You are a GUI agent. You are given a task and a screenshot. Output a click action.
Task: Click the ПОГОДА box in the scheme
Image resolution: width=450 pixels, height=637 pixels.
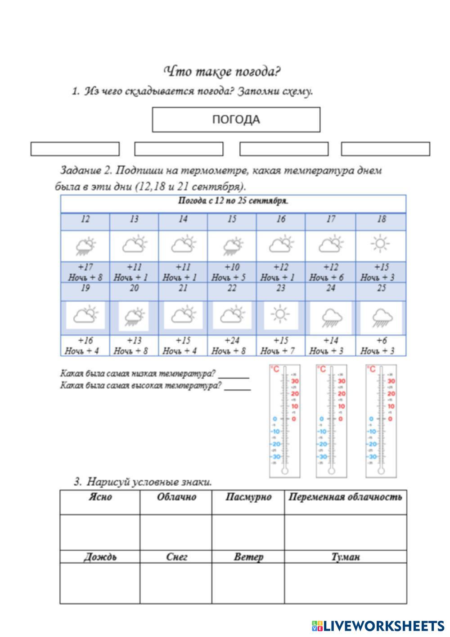236,119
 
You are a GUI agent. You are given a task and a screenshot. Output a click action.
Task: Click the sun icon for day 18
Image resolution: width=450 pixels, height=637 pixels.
380,244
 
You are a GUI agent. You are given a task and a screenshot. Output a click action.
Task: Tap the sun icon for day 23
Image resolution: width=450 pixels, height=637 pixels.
280,314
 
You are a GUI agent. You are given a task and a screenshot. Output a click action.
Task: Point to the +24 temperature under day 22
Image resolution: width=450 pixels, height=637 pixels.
231,340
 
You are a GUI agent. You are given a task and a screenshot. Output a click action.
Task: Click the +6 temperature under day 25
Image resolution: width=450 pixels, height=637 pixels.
381,340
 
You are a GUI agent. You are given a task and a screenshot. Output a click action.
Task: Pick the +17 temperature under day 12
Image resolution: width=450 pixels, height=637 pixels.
85,267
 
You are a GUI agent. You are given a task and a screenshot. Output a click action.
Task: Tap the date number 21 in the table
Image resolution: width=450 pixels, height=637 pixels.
183,288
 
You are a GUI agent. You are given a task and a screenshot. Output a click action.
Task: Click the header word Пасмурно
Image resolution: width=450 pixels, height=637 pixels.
248,497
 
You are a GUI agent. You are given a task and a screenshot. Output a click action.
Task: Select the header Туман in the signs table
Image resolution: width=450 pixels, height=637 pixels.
345,557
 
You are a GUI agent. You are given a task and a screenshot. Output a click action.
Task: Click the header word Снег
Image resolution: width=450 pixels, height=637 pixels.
176,557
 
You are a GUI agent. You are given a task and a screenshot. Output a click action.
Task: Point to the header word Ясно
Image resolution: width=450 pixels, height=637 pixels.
100,497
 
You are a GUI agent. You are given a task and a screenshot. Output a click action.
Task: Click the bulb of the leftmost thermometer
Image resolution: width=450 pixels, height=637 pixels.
284,471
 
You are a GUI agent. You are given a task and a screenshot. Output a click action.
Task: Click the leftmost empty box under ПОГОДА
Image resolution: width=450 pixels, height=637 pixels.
75,149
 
